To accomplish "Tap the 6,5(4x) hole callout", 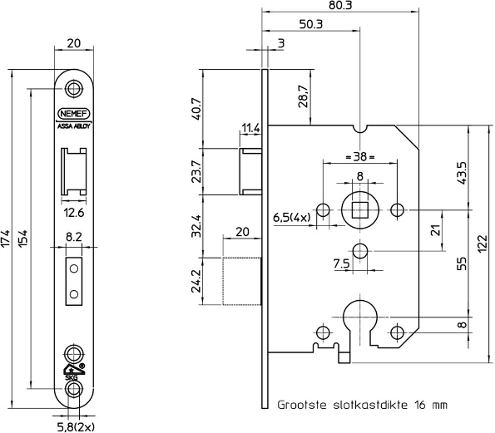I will click(292, 218).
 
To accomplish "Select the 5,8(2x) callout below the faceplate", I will click(76, 425).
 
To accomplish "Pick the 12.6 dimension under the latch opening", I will click(75, 212).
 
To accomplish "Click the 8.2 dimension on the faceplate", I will click(75, 237).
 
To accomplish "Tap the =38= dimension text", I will click(359, 157).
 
